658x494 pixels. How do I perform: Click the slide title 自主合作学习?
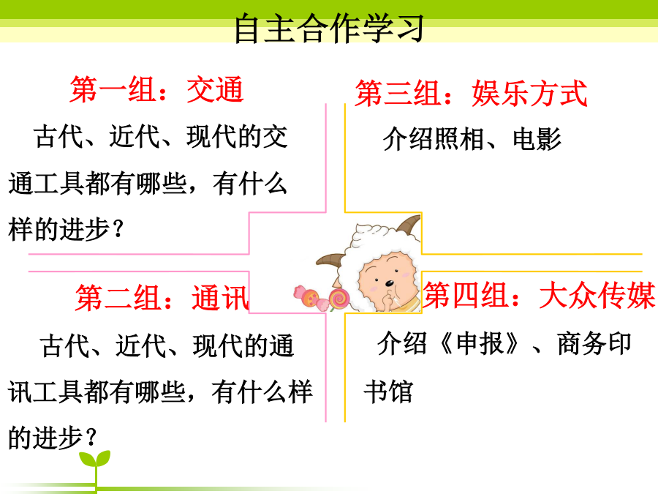click(328, 28)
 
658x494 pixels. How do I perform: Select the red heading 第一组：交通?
click(156, 89)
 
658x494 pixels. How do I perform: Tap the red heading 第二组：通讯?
click(162, 297)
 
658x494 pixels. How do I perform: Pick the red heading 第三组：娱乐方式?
click(471, 93)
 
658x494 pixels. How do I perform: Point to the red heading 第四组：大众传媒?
click(539, 295)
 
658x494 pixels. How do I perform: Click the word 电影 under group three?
click(537, 138)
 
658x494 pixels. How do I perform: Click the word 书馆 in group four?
click(388, 392)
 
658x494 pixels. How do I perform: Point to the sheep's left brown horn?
click(331, 260)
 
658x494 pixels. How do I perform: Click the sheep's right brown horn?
click(409, 225)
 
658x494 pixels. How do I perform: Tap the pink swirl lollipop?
click(339, 299)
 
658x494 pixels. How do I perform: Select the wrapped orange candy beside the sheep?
click(310, 296)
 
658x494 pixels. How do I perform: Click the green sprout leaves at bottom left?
click(95, 458)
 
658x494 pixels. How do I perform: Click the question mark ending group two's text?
click(91, 437)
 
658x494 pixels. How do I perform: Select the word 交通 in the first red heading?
click(215, 89)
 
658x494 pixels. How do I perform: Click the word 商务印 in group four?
click(594, 343)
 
